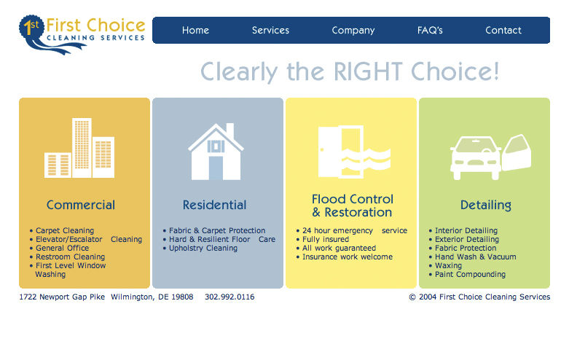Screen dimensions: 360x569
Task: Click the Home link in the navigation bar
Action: coord(195,31)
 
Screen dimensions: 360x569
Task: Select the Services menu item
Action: coord(270,31)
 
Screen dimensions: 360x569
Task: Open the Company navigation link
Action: coord(353,31)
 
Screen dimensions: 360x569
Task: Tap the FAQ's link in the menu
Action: coord(430,31)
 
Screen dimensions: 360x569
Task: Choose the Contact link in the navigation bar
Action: coord(503,31)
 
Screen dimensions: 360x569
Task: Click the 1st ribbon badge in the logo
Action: coord(31,29)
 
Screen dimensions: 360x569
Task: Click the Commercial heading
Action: coord(81,206)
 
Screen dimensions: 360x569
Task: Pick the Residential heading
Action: coord(214,206)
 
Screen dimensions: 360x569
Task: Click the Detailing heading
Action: coord(485,206)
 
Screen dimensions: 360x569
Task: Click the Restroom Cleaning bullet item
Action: coord(70,257)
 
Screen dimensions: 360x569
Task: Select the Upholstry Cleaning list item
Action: coord(203,249)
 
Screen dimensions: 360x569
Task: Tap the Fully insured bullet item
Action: coord(326,240)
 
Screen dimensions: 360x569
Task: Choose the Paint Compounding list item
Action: coord(470,275)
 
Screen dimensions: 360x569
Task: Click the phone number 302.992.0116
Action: coord(229,297)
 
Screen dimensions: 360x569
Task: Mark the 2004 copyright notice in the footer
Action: coord(479,297)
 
